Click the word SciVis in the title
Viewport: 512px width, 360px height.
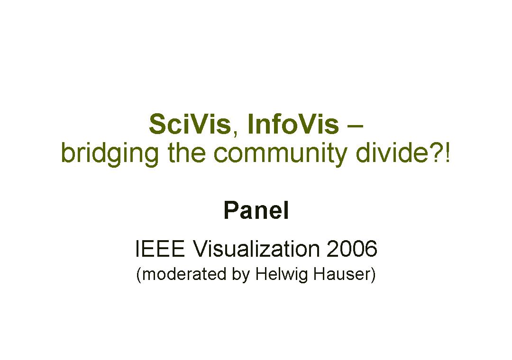coord(190,124)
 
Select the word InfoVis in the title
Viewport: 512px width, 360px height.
coord(293,124)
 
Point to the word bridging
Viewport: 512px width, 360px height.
coord(110,154)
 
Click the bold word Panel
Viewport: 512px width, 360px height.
coord(256,210)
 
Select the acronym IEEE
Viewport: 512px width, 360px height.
coord(160,249)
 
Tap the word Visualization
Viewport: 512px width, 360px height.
coord(256,249)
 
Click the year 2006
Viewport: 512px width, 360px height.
coord(352,249)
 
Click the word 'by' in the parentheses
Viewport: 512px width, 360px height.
coord(241,275)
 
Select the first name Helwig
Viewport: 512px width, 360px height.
coord(282,275)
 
